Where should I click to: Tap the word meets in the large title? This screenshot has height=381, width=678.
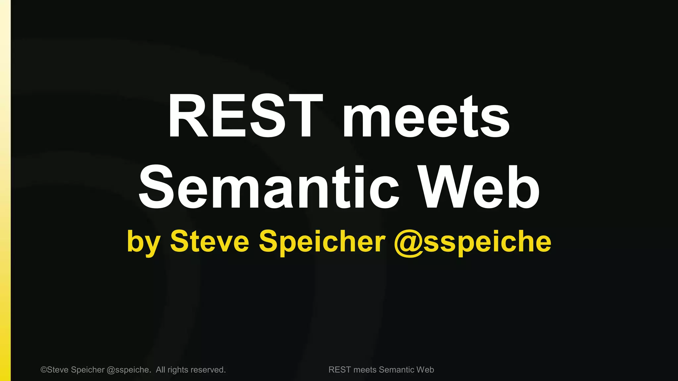click(426, 116)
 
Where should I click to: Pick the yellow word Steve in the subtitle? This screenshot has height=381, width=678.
click(210, 241)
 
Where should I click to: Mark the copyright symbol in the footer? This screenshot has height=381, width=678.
click(44, 370)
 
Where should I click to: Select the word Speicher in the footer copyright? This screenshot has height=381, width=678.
click(88, 370)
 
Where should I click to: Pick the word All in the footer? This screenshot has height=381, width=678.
click(160, 370)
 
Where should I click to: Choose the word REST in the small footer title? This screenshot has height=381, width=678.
click(339, 370)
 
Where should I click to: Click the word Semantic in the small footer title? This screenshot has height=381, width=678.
click(396, 370)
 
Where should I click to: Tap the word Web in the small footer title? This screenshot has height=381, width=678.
click(425, 370)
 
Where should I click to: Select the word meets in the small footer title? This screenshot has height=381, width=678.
click(365, 370)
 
